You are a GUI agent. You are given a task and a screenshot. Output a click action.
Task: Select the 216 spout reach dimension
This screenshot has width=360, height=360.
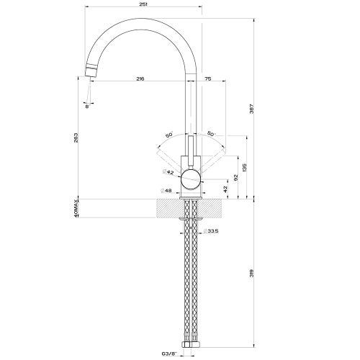pyautogui.click(x=139, y=78)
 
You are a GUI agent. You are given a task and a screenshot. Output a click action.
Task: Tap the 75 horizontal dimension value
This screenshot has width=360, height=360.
pyautogui.click(x=207, y=78)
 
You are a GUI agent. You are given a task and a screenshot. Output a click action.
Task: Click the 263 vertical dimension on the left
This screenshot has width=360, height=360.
pyautogui.click(x=76, y=138)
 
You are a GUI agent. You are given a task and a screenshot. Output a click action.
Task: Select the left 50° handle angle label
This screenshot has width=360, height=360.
pyautogui.click(x=168, y=135)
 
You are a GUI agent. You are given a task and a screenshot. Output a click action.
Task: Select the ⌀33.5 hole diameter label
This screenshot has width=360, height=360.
pyautogui.click(x=211, y=232)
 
